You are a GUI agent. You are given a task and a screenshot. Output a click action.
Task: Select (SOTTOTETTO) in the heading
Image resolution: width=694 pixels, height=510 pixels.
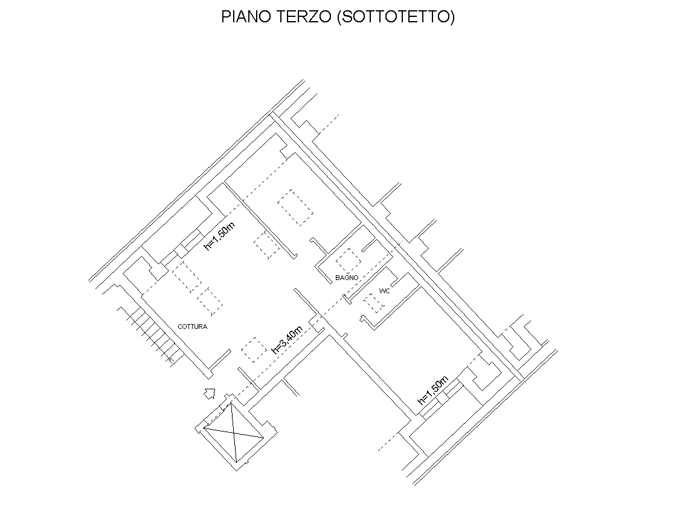click(396, 17)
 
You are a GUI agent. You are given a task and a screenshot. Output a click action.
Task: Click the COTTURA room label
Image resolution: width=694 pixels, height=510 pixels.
click(193, 327)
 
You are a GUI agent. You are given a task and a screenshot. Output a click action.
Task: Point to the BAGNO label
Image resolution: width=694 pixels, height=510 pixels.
click(347, 278)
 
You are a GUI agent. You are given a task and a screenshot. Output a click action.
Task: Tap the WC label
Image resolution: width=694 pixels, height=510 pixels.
click(385, 291)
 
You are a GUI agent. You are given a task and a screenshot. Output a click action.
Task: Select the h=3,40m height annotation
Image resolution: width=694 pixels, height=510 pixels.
click(287, 340)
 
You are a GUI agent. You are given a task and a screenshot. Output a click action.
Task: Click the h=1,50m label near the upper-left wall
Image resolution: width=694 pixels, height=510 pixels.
click(219, 236)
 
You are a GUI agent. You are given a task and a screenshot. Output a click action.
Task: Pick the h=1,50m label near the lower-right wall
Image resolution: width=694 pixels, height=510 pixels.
click(433, 390)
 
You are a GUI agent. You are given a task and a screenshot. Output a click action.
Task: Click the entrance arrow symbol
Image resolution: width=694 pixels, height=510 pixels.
click(210, 393)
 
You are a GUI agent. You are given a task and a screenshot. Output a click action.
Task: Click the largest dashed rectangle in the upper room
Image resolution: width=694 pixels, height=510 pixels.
click(295, 208)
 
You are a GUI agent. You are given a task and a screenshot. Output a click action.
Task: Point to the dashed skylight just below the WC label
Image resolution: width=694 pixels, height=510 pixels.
click(374, 303)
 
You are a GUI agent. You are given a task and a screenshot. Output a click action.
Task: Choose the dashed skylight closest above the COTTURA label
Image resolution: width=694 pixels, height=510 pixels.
click(210, 301)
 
